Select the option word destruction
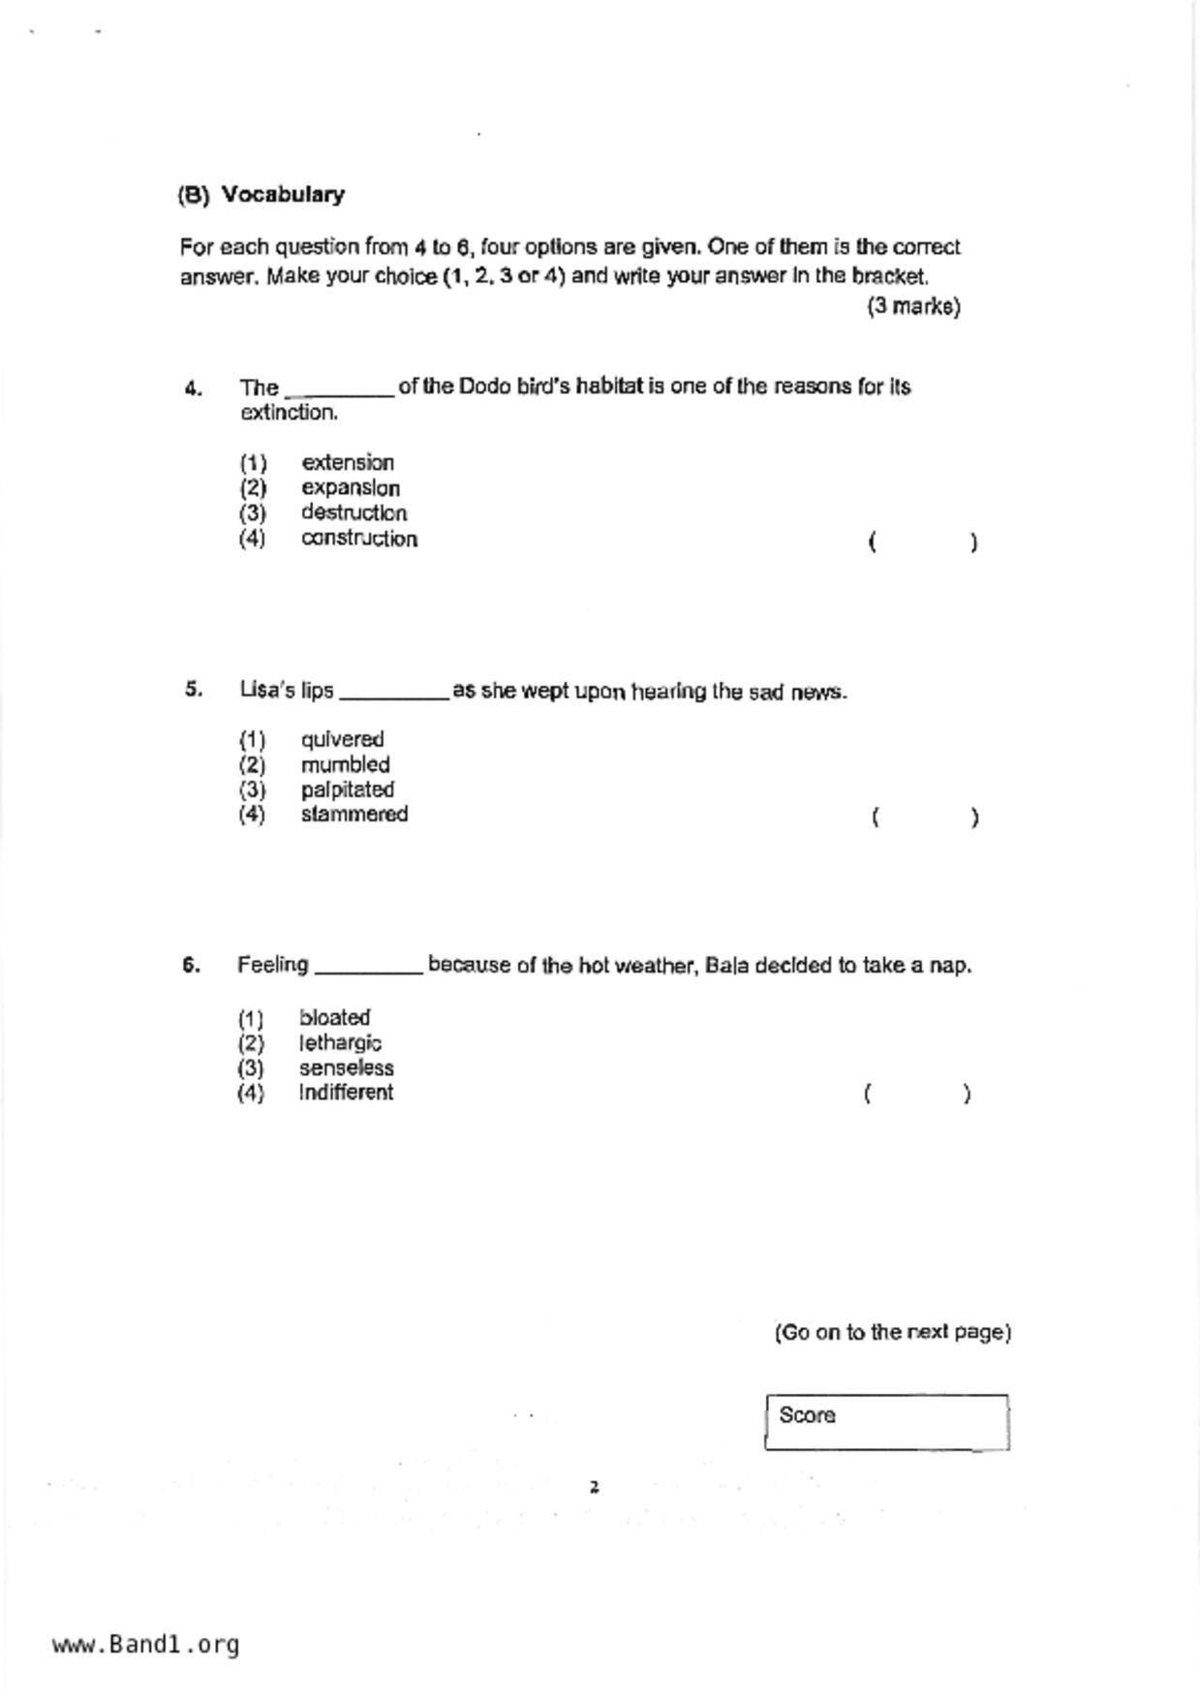tap(354, 513)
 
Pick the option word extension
tap(348, 463)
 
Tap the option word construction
tap(359, 539)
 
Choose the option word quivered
tap(342, 740)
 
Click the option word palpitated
tap(347, 789)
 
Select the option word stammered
tap(354, 815)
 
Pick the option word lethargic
tap(340, 1043)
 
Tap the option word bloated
tap(334, 1018)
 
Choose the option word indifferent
tap(346, 1093)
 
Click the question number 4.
tap(194, 389)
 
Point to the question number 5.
tap(194, 690)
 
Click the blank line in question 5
tap(393, 695)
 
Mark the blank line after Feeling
tap(369, 970)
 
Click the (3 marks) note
tap(913, 307)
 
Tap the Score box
tap(886, 1422)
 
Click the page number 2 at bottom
tap(595, 1488)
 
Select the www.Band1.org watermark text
tap(145, 1645)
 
